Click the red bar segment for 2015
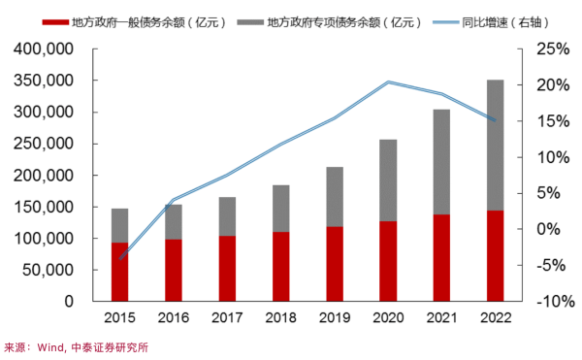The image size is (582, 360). tap(120, 272)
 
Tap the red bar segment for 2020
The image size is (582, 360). tap(388, 261)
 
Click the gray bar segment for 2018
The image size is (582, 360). tap(280, 209)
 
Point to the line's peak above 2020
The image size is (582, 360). tap(388, 82)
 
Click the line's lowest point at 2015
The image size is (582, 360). tap(120, 259)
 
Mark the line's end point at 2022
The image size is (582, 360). tap(496, 120)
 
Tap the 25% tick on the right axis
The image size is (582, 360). tap(541, 49)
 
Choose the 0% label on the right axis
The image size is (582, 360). tap(545, 229)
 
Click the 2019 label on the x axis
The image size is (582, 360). tap(334, 316)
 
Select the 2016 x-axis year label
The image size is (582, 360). tap(174, 316)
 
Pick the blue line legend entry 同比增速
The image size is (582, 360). tap(494, 20)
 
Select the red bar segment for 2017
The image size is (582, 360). tap(227, 269)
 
